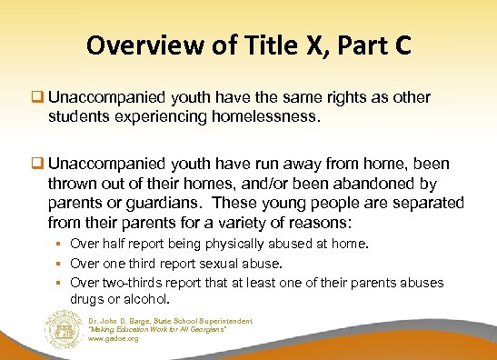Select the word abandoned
tap(383, 186)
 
